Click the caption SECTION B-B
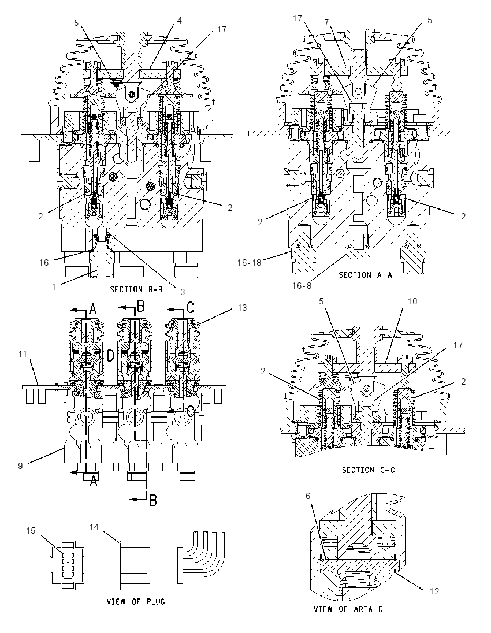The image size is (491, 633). [x=136, y=289]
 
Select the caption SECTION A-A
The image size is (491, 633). [x=366, y=275]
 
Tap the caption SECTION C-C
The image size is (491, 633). [x=369, y=470]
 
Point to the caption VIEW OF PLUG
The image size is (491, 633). [x=136, y=601]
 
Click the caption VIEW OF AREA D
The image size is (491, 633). [x=348, y=609]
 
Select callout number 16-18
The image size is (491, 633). [x=248, y=262]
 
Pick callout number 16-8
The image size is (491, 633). [x=302, y=286]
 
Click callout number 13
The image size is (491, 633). [x=242, y=308]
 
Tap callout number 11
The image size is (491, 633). [x=23, y=353]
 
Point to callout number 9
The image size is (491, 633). [x=20, y=466]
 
